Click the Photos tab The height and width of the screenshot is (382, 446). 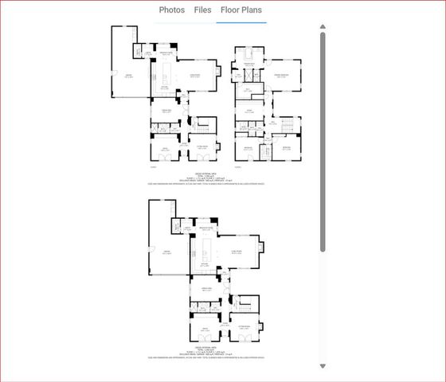pos(172,10)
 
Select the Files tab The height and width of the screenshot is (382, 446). pos(202,10)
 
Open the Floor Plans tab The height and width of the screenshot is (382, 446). pos(241,10)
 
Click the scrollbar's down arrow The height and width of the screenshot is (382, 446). pos(323,366)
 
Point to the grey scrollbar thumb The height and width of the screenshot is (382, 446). pos(323,143)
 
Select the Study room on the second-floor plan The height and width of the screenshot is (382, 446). pos(249,112)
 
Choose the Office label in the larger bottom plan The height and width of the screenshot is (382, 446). pos(205,327)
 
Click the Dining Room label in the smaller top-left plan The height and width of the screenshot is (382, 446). pos(167,111)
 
